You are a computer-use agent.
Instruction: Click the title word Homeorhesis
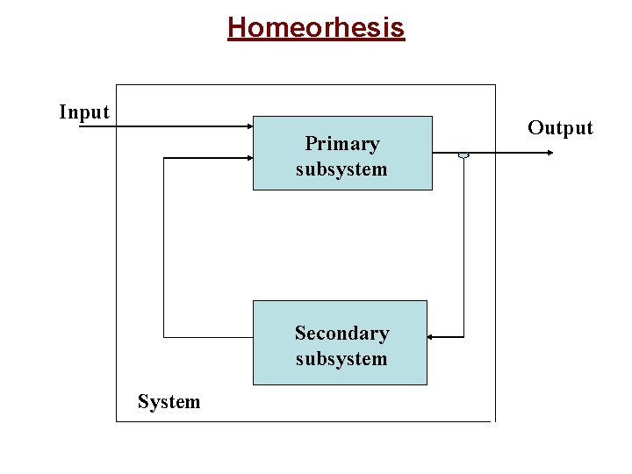coord(316,27)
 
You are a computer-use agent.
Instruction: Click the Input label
coord(84,112)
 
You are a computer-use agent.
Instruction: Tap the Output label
coord(560,128)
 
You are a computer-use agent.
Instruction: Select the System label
coord(169,402)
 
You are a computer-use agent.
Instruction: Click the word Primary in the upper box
coord(341,143)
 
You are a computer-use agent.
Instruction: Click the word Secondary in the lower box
coord(341,334)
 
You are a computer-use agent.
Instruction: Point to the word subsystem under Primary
coord(341,169)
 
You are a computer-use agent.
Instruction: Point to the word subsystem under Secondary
coord(341,359)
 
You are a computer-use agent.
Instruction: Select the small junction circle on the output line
coord(463,154)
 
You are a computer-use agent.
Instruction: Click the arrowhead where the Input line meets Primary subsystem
coord(248,127)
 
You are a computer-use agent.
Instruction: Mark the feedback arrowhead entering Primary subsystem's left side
coord(248,158)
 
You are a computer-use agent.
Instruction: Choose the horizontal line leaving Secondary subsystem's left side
coord(208,336)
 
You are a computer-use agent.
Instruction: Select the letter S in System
coord(143,402)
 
